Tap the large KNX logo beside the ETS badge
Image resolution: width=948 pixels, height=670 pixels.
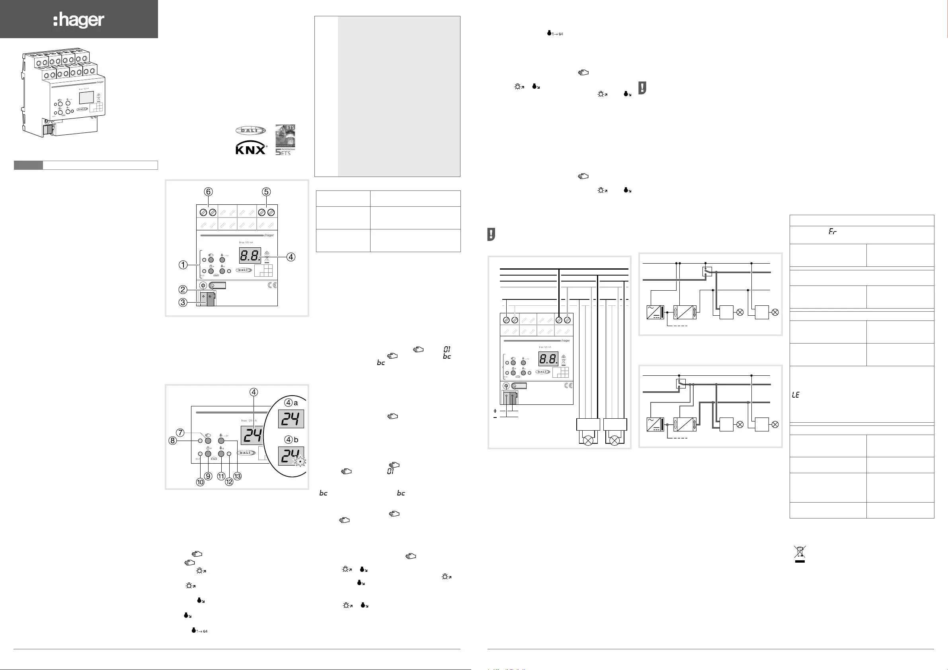coord(251,147)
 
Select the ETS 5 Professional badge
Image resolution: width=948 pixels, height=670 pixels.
coord(285,140)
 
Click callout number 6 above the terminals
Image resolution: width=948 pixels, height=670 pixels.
coord(209,192)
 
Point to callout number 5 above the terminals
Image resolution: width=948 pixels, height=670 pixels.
coord(266,192)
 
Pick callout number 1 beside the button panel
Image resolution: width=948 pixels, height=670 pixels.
coord(183,265)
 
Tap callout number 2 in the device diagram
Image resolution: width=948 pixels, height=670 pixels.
coord(183,289)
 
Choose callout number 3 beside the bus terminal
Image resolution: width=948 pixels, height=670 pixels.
coord(183,303)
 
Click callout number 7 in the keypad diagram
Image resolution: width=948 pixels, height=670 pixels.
coord(180,433)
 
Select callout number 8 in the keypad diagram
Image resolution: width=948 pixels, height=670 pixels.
coord(173,441)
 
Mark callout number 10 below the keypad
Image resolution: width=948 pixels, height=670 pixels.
coord(200,482)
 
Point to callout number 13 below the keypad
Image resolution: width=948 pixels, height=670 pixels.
coord(238,476)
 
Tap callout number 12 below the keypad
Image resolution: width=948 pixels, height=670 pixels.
coord(229,482)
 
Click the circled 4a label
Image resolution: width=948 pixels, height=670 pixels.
coord(291,403)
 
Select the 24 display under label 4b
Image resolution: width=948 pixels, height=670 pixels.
coord(291,456)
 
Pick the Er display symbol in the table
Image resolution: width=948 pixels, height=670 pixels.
coord(833,232)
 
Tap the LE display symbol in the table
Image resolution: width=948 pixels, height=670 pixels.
coord(796,395)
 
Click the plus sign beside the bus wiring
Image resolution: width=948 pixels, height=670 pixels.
coord(495,411)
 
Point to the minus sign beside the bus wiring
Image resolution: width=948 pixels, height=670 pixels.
coord(495,417)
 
